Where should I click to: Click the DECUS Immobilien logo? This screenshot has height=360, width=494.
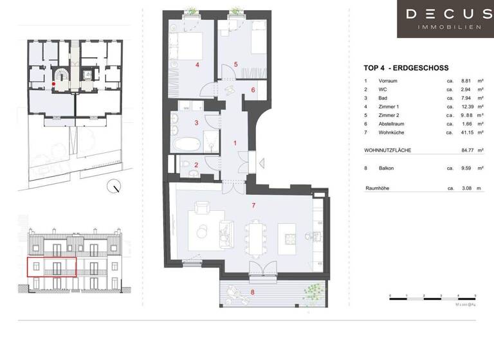444,19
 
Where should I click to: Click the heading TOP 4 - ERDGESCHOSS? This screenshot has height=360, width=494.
406,68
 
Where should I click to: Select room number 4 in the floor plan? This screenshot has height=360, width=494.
197,65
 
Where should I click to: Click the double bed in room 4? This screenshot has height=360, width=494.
188,47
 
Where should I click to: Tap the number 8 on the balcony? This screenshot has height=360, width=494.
252,292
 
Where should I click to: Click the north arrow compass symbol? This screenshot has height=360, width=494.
115,188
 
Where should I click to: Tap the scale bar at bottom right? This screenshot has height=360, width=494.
432,296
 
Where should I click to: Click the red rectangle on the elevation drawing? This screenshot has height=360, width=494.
51,266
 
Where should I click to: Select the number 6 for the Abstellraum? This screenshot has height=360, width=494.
253,90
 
